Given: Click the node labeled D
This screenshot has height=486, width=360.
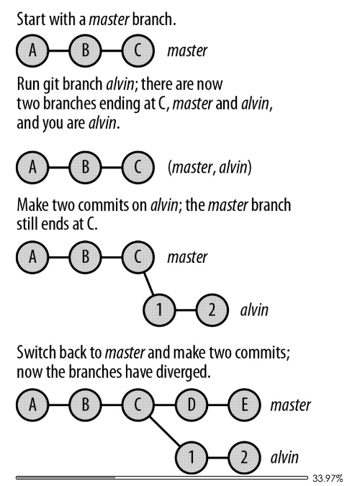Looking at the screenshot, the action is click(x=191, y=405).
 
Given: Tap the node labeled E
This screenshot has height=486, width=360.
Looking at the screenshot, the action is click(x=244, y=405).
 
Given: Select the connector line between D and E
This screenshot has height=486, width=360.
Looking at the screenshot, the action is click(x=217, y=405).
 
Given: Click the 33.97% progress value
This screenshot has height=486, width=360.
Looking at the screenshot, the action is click(x=328, y=478).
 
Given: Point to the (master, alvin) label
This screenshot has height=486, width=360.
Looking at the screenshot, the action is click(x=210, y=167).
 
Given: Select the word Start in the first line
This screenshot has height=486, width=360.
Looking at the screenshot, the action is click(x=31, y=19).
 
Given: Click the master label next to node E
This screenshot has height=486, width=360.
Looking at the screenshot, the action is click(x=290, y=405).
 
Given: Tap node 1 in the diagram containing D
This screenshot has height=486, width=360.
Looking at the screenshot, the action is click(x=191, y=457).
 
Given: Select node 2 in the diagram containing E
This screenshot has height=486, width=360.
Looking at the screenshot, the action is click(x=244, y=457).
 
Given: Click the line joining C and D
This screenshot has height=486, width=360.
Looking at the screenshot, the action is click(x=165, y=405).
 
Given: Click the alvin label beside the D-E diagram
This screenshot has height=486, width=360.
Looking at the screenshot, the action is click(x=284, y=457).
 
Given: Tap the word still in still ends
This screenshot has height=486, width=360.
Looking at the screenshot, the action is click(x=25, y=224).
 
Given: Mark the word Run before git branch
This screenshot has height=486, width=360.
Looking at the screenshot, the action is click(x=27, y=84).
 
